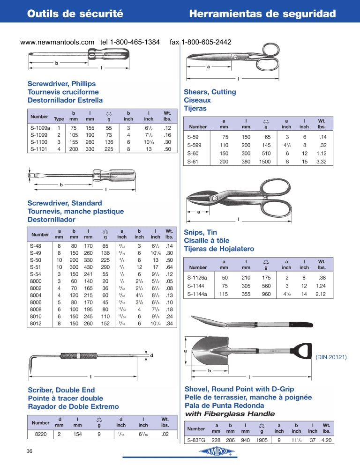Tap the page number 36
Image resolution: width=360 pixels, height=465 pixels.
[29, 451]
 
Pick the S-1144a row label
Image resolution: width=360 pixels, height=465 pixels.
[197, 294]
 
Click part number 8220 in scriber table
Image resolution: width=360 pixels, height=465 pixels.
[40, 435]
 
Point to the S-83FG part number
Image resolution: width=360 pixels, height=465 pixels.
[195, 440]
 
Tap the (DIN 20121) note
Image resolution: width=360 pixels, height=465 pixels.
[331, 357]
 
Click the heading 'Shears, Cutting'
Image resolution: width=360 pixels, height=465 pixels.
[210, 92]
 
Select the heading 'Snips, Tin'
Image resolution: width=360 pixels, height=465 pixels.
[200, 232]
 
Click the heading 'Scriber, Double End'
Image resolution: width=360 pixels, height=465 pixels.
[61, 390]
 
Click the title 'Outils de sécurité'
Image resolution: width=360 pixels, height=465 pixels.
[75, 14]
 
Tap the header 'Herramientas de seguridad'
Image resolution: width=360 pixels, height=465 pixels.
[262, 14]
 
